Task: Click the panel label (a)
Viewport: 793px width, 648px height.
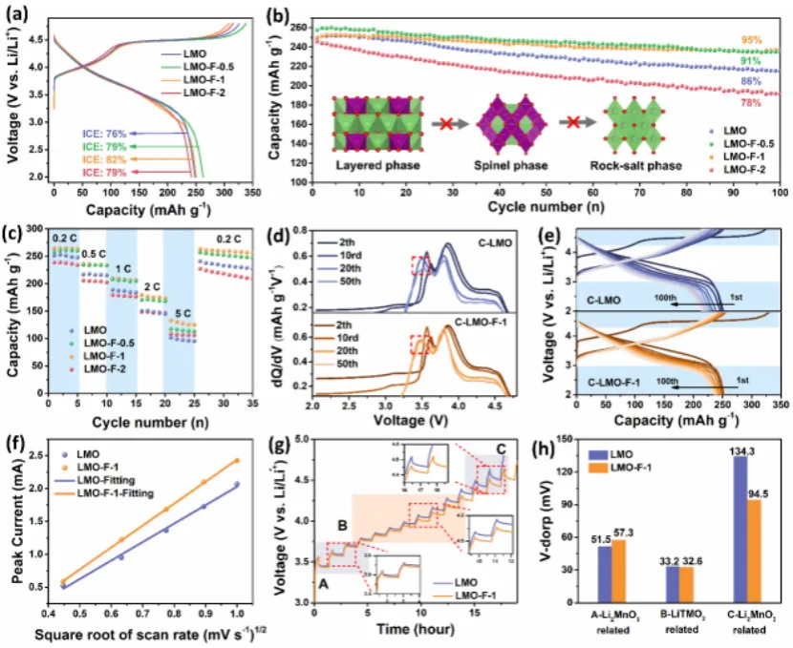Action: tap(15, 13)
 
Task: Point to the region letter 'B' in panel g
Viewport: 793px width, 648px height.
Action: tap(341, 497)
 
